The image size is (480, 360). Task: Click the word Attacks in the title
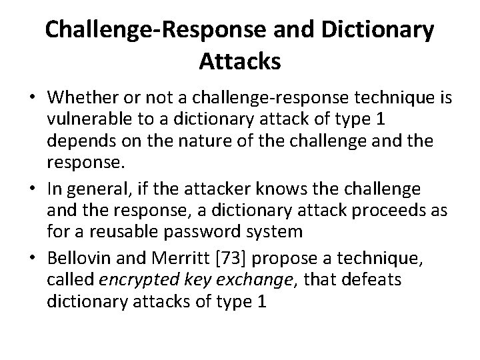[239, 61]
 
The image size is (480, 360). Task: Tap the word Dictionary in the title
[375, 29]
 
